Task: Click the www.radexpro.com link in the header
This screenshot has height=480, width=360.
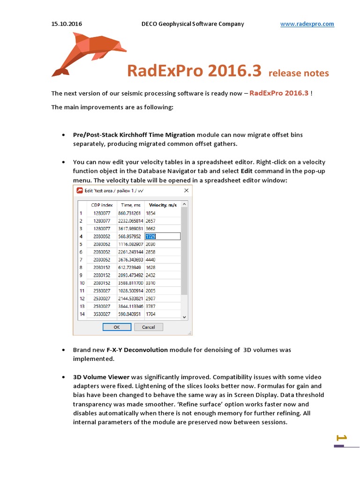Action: (307, 24)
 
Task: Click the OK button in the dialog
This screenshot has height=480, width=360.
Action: (116, 327)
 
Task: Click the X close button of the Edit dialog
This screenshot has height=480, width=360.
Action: (186, 190)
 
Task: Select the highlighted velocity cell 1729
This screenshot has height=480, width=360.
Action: (162, 236)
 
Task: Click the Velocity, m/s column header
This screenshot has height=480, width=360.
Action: (162, 205)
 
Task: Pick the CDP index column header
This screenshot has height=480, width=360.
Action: (102, 205)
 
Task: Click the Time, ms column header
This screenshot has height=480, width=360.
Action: (131, 205)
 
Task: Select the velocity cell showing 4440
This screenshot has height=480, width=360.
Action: (151, 260)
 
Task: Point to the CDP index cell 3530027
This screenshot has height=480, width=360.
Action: (102, 314)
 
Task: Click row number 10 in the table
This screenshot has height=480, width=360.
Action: (82, 283)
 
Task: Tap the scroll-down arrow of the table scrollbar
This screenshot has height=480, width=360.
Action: (184, 316)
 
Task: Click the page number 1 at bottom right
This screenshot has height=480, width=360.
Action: (342, 438)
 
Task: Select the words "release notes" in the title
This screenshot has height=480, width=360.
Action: (299, 73)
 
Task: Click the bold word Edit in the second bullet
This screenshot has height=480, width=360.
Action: (247, 171)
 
